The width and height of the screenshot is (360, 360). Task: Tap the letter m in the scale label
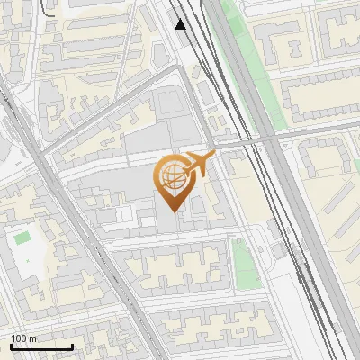click(x=32, y=338)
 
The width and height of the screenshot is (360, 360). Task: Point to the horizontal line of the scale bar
click(x=40, y=346)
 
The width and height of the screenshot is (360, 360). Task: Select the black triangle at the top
click(x=181, y=24)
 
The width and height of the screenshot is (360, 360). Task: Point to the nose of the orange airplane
click(x=215, y=156)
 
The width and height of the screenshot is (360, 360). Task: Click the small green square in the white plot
click(x=22, y=239)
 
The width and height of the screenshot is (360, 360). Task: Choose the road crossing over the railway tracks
click(x=261, y=139)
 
